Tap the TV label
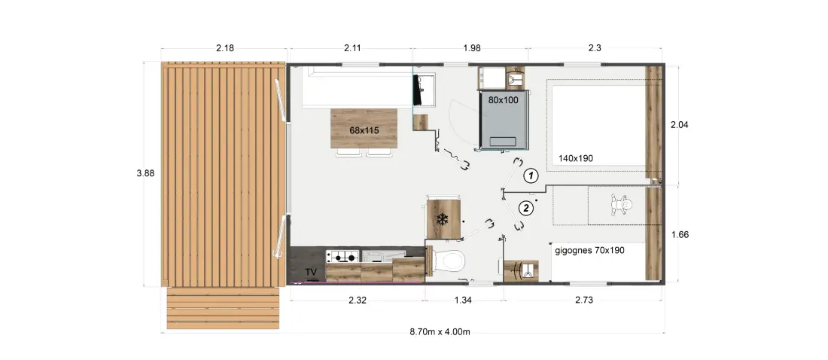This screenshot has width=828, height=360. tap(312, 272)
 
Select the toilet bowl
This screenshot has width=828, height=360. tap(449, 261)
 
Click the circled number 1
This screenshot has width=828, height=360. tap(531, 175)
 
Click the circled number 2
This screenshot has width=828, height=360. tap(525, 209)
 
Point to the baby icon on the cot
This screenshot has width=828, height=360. tap(622, 205)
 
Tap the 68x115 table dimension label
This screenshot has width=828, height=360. tap(364, 130)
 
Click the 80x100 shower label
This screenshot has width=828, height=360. tap(504, 99)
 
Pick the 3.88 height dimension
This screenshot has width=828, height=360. tap(145, 173)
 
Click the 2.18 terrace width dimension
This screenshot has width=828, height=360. tap(225, 48)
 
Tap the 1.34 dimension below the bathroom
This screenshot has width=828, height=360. tap(462, 301)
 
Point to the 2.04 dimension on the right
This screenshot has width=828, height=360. tap(679, 125)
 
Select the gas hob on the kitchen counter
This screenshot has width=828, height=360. tap(342, 258)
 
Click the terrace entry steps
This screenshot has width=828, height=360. tap(223, 308)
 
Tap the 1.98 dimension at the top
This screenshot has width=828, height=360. tap(471, 48)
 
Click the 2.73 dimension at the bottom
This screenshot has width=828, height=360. tap(584, 301)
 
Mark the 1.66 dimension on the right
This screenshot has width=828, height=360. tap(679, 235)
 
